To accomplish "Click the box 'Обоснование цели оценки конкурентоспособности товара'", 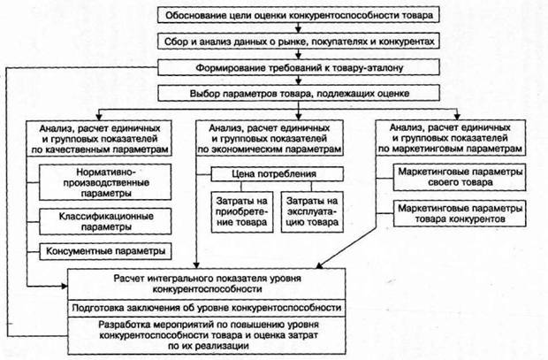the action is click(x=299, y=15).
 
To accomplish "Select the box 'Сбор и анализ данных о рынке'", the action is click(x=299, y=42).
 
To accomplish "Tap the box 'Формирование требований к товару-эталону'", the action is click(x=299, y=67).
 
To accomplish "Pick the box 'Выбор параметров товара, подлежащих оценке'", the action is click(x=299, y=94).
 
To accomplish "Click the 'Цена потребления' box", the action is click(x=278, y=174).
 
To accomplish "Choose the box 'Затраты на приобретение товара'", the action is click(x=242, y=211).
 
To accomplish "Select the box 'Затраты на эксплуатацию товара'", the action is click(x=312, y=211).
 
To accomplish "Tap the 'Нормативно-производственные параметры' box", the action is click(x=105, y=182).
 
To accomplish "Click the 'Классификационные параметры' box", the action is click(x=105, y=221).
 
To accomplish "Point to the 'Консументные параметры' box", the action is click(x=105, y=251).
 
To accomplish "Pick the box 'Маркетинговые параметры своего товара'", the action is click(x=460, y=178).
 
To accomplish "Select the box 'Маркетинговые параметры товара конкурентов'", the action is click(x=460, y=213).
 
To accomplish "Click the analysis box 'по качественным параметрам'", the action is click(x=99, y=139).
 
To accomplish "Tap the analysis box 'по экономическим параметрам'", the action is click(x=270, y=139).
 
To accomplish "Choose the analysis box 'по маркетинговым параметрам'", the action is click(x=451, y=138).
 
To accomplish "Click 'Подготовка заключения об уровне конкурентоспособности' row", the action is click(x=207, y=308).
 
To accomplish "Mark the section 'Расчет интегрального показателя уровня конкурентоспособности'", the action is click(x=207, y=284).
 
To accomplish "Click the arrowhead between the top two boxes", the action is click(x=298, y=28).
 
